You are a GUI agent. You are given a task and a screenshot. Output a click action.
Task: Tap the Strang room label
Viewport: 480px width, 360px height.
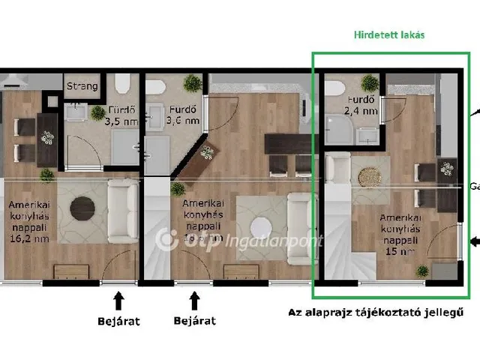coord(81,86)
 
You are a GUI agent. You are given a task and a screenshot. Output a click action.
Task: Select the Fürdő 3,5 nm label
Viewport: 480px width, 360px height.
coord(119,115)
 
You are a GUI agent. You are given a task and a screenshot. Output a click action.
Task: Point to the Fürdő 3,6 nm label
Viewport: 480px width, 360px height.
coord(183,114)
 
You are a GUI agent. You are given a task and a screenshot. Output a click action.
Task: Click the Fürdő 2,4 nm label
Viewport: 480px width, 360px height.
coord(361,106)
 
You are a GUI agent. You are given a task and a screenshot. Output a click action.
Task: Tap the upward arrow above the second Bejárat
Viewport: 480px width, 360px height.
coord(194,300)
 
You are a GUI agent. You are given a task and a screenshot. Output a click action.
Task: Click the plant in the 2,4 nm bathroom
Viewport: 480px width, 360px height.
coord(367,82)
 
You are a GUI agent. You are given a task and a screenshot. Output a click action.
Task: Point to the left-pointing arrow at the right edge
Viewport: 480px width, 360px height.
coord(474,241)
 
